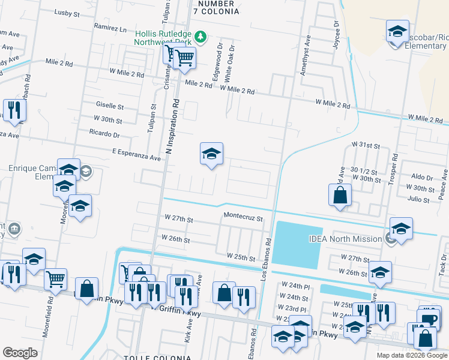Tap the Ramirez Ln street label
tap(111, 28)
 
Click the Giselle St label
tap(109, 106)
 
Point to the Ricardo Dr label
tap(104, 133)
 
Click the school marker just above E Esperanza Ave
tap(211, 155)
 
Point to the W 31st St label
tap(366, 146)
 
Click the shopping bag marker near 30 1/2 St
tap(340, 196)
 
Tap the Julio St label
tap(418, 199)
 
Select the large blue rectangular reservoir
tap(298, 245)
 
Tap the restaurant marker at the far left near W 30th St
tap(13, 110)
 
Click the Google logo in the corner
tap(20, 352)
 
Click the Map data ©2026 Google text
tap(412, 355)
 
